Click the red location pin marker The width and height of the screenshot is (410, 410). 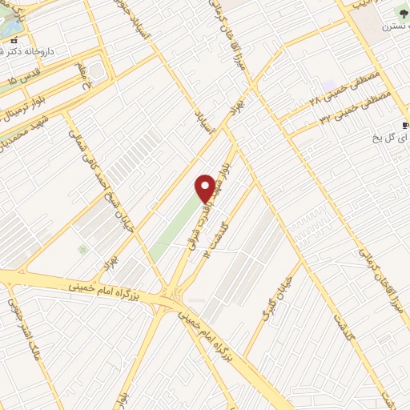click(x=205, y=187)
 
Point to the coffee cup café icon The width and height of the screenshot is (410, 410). click(x=407, y=125)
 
